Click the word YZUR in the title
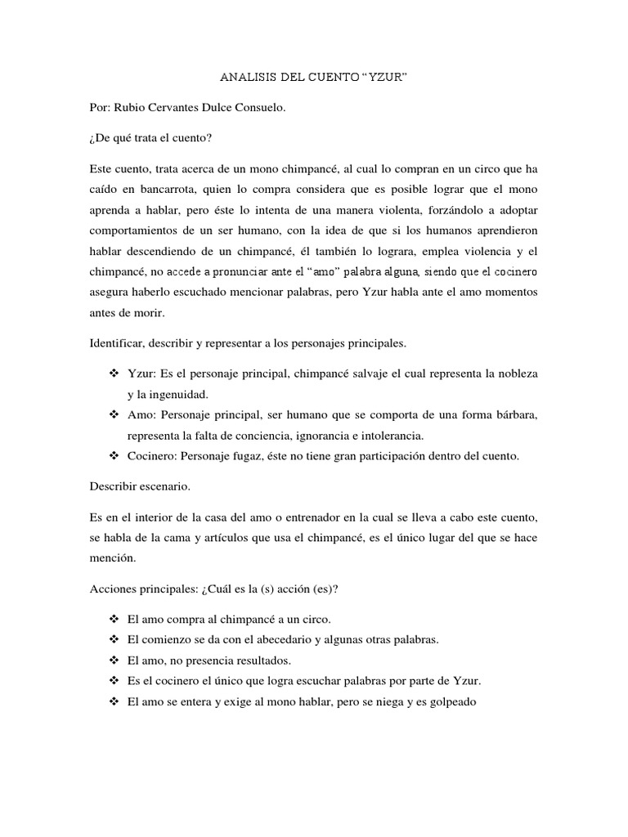383,78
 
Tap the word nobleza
515,374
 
